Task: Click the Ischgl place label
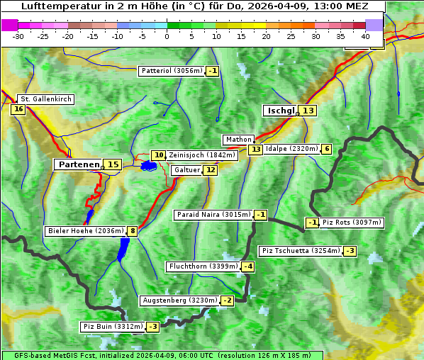(281, 111)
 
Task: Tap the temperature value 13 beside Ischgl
(308, 111)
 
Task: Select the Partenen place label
(79, 164)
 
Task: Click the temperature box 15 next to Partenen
(113, 164)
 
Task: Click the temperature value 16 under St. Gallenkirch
(18, 109)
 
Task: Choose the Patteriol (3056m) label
(172, 71)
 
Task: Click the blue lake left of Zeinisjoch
(148, 166)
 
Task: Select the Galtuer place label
(186, 170)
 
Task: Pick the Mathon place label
(238, 140)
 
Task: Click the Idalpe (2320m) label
(291, 149)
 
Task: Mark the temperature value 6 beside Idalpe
(326, 149)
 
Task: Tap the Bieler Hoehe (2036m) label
(85, 231)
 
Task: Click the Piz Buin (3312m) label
(113, 327)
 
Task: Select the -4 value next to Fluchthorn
(247, 266)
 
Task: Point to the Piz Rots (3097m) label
(352, 223)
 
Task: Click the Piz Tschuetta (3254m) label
(301, 251)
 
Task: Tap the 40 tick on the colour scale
(365, 36)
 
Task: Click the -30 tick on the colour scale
(18, 36)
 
